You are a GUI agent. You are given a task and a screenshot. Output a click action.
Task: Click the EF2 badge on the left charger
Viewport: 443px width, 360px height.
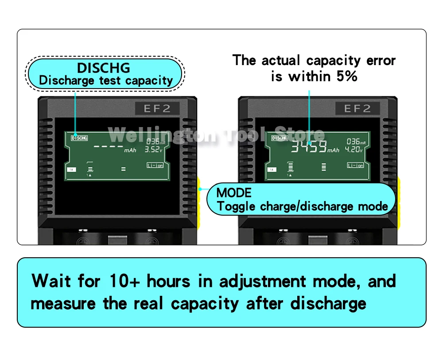[x=157, y=108]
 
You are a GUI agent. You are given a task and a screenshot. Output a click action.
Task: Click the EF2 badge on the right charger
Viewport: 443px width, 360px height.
[x=357, y=108]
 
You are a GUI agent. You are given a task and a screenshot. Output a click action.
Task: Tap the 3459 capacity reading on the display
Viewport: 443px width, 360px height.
[x=309, y=147]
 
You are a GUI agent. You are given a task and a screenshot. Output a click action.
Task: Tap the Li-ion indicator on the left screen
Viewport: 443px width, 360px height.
[x=155, y=165]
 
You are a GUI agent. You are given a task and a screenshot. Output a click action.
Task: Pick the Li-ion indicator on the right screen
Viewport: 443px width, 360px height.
[x=355, y=165]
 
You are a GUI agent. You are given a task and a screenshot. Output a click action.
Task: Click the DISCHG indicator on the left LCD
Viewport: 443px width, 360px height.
[x=79, y=138]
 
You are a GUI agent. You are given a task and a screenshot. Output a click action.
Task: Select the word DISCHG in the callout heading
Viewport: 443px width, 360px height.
[x=104, y=68]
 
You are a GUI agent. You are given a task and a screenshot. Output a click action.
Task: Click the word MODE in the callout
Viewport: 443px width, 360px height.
[x=234, y=193]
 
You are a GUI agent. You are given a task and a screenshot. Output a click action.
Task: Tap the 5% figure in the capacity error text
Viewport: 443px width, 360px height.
[x=346, y=77]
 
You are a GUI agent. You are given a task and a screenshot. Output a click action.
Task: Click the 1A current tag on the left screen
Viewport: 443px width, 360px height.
[x=70, y=170]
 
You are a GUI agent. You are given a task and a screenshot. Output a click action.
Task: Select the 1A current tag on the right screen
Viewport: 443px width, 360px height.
[x=271, y=170]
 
